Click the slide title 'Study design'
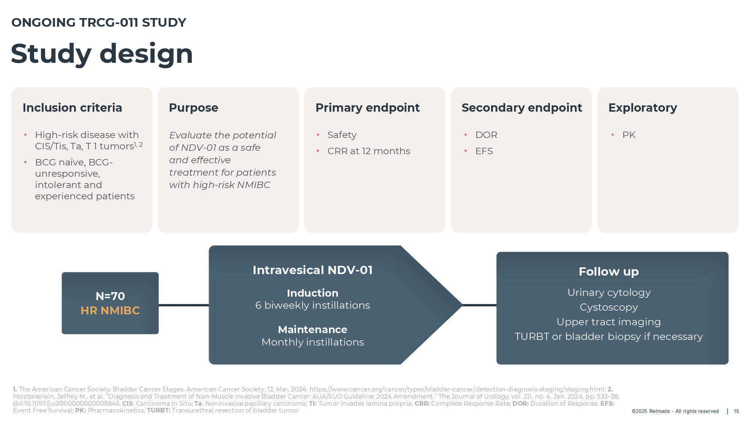coord(102,54)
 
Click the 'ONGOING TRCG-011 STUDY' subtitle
coord(99,23)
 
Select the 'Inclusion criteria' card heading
coord(72,108)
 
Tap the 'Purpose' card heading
coord(194,108)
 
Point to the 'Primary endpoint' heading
coord(367,108)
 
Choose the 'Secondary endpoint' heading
coord(522,108)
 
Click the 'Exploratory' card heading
coord(643,108)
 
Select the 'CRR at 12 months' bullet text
coord(368,151)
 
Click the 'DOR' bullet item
coord(486,135)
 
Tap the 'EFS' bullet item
coord(484,151)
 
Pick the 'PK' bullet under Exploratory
coord(629,135)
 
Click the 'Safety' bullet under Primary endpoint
coord(342,135)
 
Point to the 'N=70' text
coord(110,296)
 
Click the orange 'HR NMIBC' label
coord(110,311)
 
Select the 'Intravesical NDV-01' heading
coord(312,270)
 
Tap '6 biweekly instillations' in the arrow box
coord(312,305)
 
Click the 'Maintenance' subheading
coord(312,330)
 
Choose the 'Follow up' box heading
coord(609,272)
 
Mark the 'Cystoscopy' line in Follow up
coord(609,308)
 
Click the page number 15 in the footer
coord(736,411)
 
